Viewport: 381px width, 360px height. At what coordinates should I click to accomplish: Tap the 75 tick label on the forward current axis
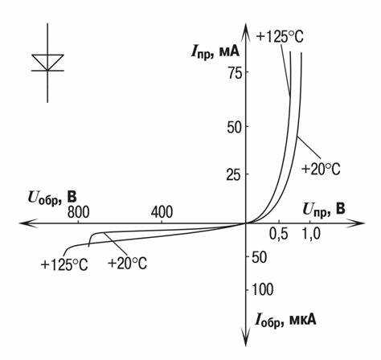235,72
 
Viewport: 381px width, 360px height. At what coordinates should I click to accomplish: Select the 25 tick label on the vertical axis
234,174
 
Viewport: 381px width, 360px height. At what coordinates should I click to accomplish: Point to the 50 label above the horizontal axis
235,127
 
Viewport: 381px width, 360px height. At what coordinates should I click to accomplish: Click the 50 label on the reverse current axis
260,257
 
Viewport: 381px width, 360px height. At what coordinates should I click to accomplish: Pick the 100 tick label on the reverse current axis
263,289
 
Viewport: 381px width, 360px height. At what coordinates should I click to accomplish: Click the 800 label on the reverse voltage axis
78,212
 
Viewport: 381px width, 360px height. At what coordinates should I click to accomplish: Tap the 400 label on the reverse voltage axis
162,212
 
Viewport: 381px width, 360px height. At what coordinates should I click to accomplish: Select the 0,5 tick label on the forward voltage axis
279,235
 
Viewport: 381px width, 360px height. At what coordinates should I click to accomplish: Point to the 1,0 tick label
310,234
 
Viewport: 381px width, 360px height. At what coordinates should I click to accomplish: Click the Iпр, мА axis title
215,51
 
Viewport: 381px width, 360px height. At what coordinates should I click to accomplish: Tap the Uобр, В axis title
52,198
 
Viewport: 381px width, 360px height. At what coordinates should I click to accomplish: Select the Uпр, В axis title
324,211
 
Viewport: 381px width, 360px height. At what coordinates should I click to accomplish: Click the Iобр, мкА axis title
285,320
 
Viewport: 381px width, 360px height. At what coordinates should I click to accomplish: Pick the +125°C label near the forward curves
280,37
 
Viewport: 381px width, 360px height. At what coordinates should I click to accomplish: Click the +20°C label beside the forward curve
321,170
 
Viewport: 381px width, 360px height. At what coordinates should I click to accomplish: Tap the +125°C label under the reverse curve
64,265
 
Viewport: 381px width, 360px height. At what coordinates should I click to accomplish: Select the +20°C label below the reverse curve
127,264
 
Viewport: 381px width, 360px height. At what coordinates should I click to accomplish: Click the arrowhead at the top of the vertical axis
245,31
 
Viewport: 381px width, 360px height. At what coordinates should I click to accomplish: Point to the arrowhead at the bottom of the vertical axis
245,338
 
